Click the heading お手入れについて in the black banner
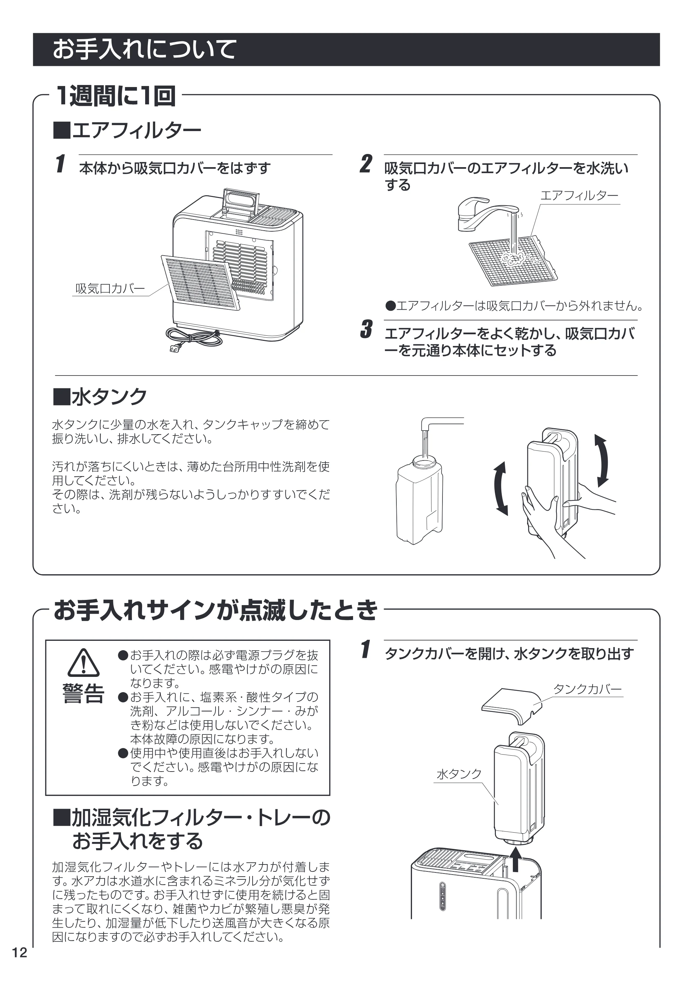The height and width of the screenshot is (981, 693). point(144,49)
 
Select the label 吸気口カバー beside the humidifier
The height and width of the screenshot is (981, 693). point(110,289)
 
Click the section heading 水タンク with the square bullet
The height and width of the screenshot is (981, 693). point(99,396)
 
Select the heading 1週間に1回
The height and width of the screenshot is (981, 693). point(115,96)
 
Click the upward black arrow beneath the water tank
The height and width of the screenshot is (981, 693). point(516,859)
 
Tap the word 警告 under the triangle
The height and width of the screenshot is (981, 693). point(84,693)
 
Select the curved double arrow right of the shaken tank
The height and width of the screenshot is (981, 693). point(603,461)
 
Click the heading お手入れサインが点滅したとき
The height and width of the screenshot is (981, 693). point(216,610)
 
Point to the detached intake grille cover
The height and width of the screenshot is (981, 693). point(200,282)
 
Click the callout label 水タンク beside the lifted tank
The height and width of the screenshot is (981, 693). point(459,773)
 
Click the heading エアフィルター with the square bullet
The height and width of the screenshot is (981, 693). point(127,130)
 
